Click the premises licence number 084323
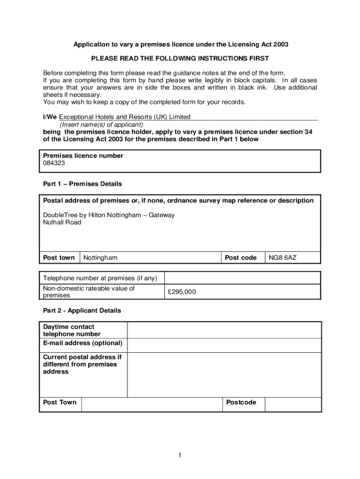(x=54, y=163)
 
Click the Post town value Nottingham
(x=101, y=258)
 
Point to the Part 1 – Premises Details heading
(x=82, y=184)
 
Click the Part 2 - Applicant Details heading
(x=82, y=311)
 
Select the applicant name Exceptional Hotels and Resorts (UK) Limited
(x=124, y=116)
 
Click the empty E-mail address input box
(x=224, y=345)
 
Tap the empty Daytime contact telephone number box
(x=224, y=330)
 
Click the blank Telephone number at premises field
(x=242, y=278)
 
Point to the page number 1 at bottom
(x=180, y=455)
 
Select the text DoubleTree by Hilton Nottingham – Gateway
(x=109, y=215)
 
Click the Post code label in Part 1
(x=241, y=258)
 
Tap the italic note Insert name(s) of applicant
(x=101, y=125)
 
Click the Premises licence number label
(x=83, y=156)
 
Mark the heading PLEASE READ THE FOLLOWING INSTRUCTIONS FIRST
(x=180, y=58)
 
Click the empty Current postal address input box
(x=224, y=375)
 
